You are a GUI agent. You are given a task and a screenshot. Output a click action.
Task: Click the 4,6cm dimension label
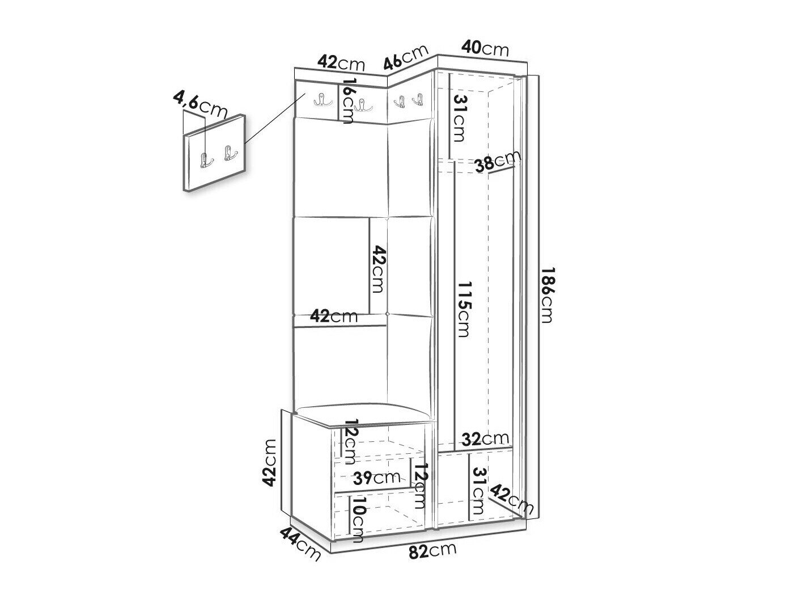click(200, 105)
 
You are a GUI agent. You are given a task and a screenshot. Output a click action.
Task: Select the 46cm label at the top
click(406, 57)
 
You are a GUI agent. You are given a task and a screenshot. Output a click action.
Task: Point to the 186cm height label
click(546, 295)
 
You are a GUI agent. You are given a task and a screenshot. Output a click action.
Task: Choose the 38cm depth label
click(498, 161)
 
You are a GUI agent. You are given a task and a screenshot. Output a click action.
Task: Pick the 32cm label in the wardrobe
click(485, 438)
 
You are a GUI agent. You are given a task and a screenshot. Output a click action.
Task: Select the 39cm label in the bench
click(377, 478)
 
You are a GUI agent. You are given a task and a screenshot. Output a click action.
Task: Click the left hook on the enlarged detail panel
click(206, 160)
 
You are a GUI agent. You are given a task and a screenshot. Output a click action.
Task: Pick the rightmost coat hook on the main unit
click(418, 99)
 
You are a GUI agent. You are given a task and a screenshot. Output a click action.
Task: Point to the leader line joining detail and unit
click(274, 118)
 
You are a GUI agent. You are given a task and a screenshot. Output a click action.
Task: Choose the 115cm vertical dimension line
click(455, 305)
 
